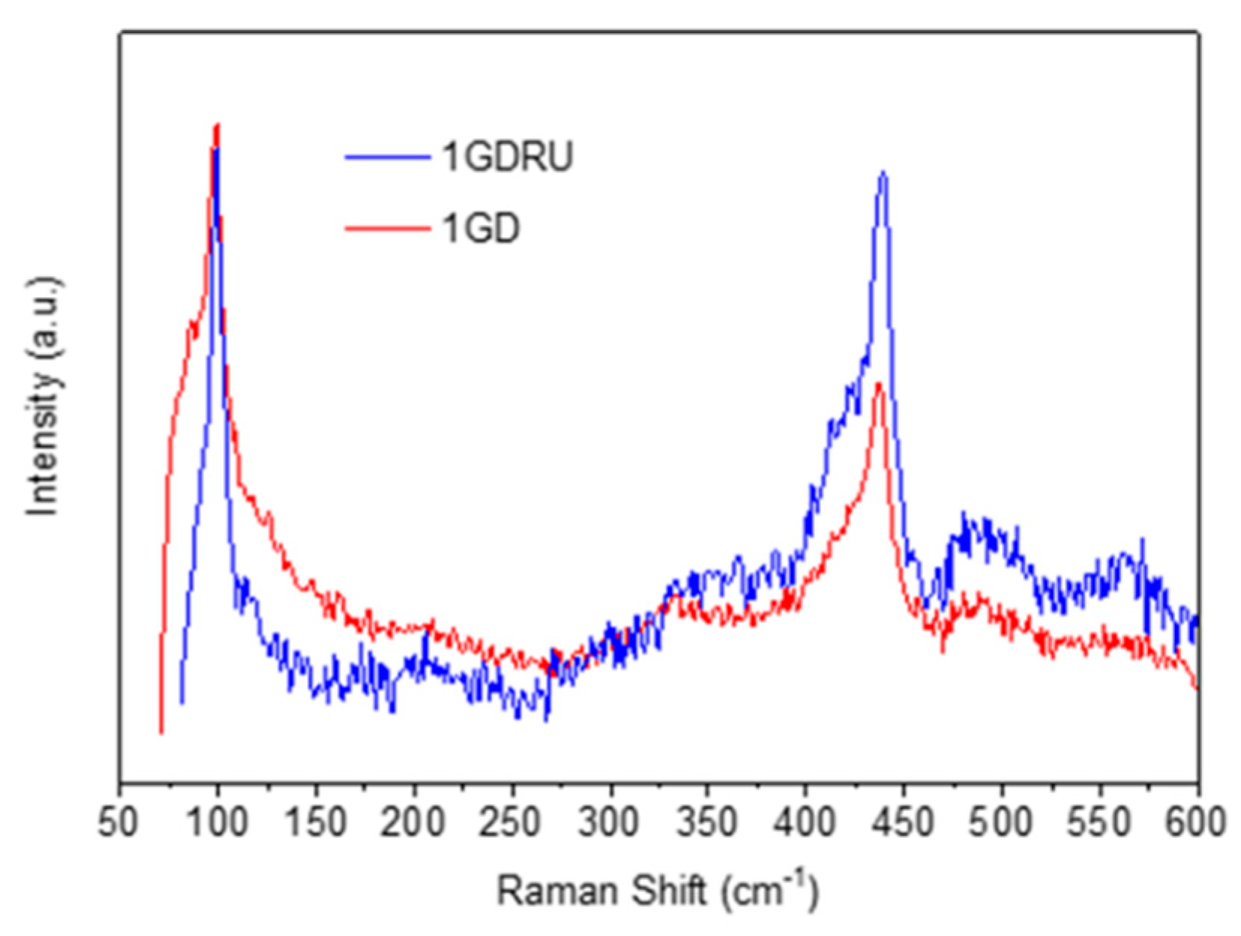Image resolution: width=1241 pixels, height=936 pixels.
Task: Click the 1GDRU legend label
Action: [507, 157]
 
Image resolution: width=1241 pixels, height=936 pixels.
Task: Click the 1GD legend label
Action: [481, 228]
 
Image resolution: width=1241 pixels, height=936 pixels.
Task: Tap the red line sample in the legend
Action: [388, 228]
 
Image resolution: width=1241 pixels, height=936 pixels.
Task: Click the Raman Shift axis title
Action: [657, 892]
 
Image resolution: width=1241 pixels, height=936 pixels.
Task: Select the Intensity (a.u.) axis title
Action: [44, 397]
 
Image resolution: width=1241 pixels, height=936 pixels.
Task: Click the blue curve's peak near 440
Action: [883, 174]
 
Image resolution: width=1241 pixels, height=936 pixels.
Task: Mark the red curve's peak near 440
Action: [879, 384]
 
